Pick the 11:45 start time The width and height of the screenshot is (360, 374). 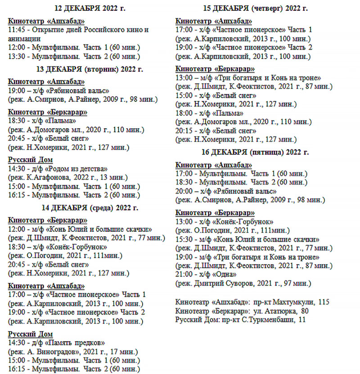(x=17, y=30)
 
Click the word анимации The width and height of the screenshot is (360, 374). (x=23, y=38)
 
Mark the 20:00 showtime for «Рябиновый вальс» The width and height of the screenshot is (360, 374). (x=184, y=190)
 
